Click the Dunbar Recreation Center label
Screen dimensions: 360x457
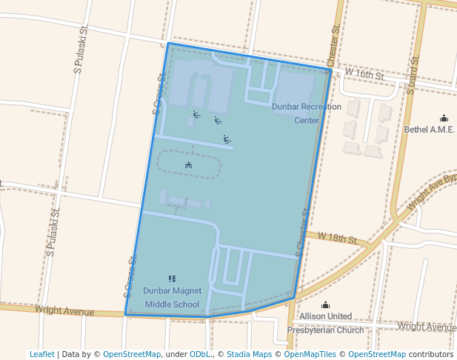[x=307, y=113]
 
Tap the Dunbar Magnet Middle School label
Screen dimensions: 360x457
[x=172, y=297]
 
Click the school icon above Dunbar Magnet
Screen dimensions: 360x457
[x=172, y=279]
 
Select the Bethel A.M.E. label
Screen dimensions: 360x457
[x=429, y=129]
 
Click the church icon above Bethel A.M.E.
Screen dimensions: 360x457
[x=444, y=118]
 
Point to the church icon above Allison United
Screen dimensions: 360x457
[x=325, y=304]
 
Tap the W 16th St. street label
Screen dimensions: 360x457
[x=368, y=76]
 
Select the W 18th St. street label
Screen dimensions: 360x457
[x=338, y=238]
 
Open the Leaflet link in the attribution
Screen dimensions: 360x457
[x=41, y=354]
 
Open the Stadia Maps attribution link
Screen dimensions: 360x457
[x=249, y=354]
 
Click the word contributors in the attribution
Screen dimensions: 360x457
[x=430, y=354]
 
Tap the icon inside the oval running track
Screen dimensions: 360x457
[x=189, y=164]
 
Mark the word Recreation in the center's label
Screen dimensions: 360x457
[x=319, y=107]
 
